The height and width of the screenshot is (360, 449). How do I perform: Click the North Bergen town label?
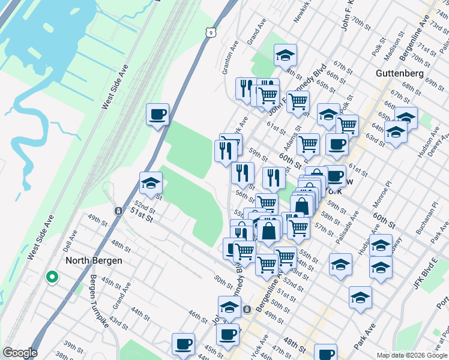tap(94, 260)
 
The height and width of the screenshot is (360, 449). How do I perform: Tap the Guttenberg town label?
tap(400, 73)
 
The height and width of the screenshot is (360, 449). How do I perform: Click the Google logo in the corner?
tap(19, 353)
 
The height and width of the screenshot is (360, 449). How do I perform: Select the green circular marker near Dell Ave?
tap(52, 277)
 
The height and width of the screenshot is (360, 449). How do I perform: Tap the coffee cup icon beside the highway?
tap(157, 114)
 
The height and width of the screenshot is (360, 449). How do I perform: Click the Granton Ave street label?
tap(230, 57)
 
